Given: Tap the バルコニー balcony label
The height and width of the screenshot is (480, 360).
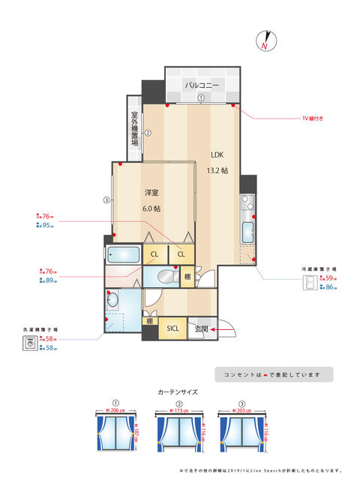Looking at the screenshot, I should (x=202, y=85).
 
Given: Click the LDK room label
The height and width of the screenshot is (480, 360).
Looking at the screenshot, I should (x=217, y=155).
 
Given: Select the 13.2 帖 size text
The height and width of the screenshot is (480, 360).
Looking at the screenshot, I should (x=217, y=170).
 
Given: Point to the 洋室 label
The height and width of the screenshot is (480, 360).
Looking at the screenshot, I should (x=151, y=193).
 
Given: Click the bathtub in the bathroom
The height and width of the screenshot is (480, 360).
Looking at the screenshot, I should (x=123, y=253).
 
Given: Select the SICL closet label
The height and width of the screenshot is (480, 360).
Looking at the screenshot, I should (x=172, y=328).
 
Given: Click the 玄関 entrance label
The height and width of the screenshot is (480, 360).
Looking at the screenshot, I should (x=199, y=328).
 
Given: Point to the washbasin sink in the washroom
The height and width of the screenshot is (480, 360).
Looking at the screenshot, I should (x=113, y=302).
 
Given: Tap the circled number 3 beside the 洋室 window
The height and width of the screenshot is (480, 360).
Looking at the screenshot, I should (x=106, y=199).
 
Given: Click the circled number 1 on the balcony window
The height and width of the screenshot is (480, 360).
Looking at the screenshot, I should (x=201, y=98).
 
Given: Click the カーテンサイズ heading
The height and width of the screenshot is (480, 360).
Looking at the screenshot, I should (x=179, y=392).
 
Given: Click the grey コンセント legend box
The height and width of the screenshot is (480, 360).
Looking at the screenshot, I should (x=273, y=374).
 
